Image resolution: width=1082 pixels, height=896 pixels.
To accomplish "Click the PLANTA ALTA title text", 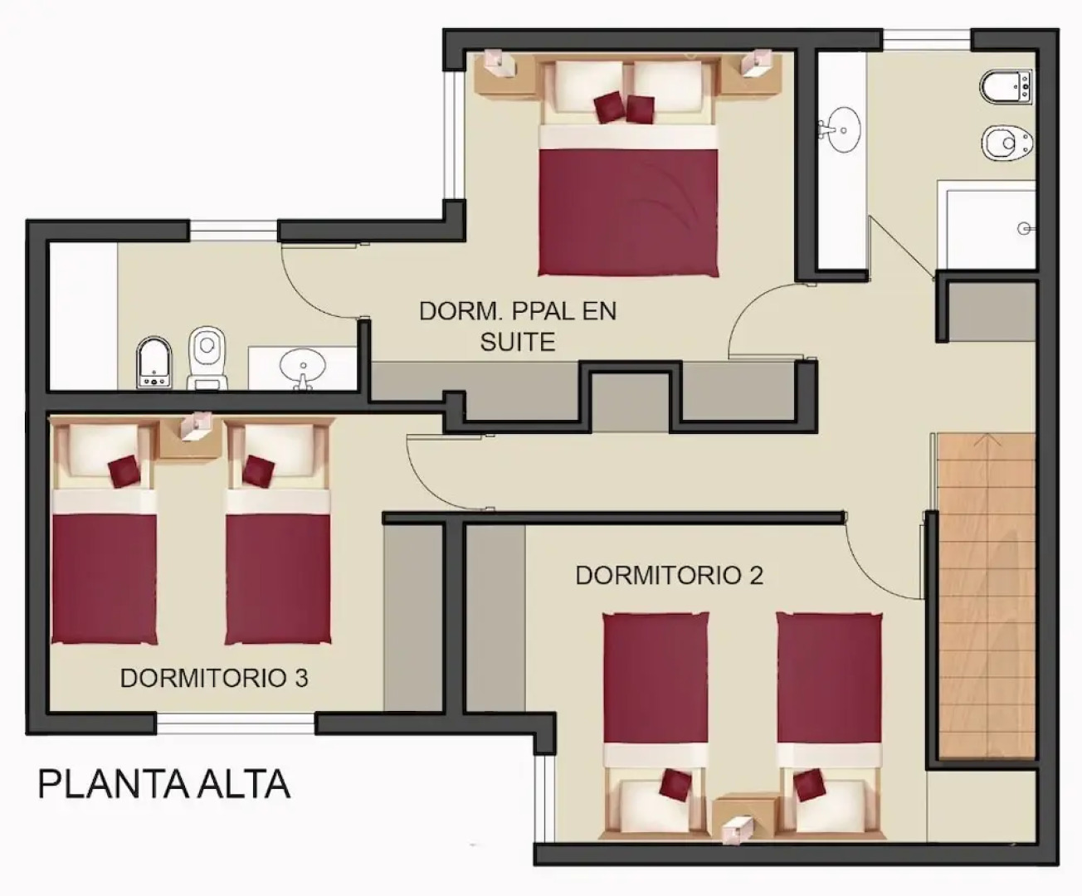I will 163,785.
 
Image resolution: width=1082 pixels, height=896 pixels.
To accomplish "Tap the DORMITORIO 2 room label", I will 669,575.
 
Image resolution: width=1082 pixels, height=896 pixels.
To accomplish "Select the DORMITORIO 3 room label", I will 214,678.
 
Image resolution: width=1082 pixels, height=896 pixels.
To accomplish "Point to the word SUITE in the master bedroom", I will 517,342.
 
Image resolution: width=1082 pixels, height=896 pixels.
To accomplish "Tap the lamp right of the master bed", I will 758,63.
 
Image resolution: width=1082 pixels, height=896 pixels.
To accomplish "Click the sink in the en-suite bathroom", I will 303,366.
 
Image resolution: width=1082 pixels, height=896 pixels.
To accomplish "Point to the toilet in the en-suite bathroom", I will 207,357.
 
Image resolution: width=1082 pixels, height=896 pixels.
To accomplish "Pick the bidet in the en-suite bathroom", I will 154,363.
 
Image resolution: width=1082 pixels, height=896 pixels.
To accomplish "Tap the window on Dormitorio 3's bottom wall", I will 236,724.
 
